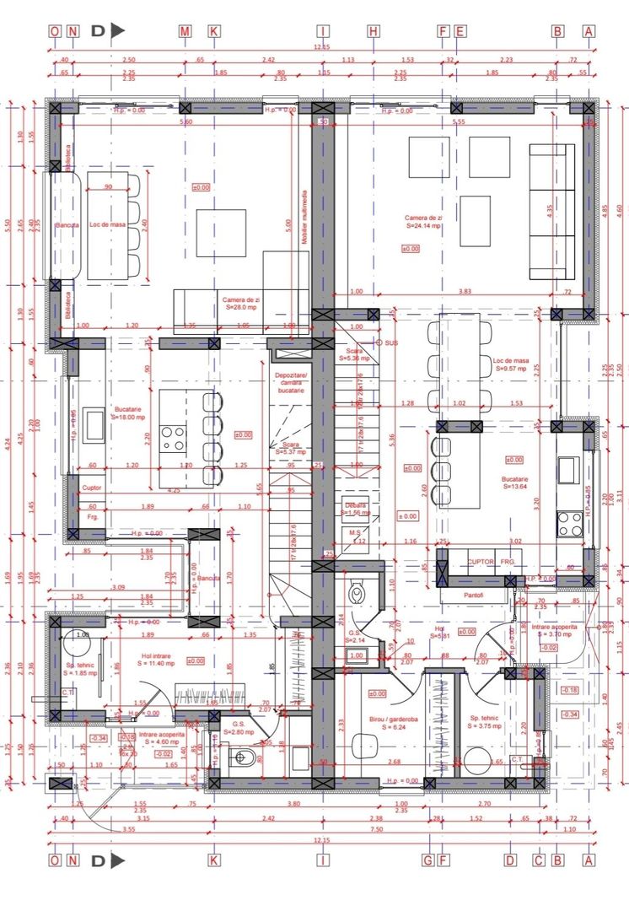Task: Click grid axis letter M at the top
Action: point(185,31)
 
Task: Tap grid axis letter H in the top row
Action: point(374,31)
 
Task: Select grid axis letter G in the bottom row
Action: point(429,860)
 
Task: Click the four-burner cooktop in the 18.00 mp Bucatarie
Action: point(174,437)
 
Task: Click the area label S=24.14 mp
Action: point(428,226)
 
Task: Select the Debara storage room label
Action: point(354,505)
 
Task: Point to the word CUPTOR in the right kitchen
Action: point(481,561)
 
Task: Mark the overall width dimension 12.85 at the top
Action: point(321,48)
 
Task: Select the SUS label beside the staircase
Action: point(390,343)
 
